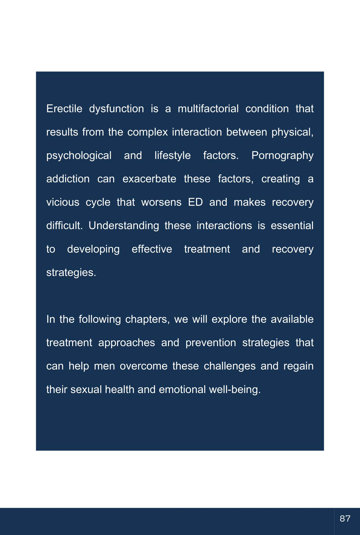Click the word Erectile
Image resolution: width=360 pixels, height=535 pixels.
64,109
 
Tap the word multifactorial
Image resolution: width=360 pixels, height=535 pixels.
208,109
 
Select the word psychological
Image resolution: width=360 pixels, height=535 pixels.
79,156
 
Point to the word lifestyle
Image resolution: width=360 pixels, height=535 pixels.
172,156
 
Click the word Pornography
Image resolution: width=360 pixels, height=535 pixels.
282,156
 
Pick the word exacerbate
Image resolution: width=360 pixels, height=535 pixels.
149,179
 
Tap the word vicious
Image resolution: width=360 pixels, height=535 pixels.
63,202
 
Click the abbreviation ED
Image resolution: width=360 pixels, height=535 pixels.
195,202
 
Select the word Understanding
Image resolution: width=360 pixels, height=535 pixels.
124,226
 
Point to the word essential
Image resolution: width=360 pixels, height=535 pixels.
292,226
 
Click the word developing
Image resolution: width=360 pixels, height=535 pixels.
93,249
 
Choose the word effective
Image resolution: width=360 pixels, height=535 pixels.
152,249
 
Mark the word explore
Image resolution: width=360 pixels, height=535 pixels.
229,319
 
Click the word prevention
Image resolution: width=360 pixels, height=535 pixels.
211,343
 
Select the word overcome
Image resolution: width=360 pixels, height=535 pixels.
143,366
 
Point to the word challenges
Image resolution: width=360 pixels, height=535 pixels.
229,366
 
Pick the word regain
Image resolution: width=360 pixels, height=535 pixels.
298,366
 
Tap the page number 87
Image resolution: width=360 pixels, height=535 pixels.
345,519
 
